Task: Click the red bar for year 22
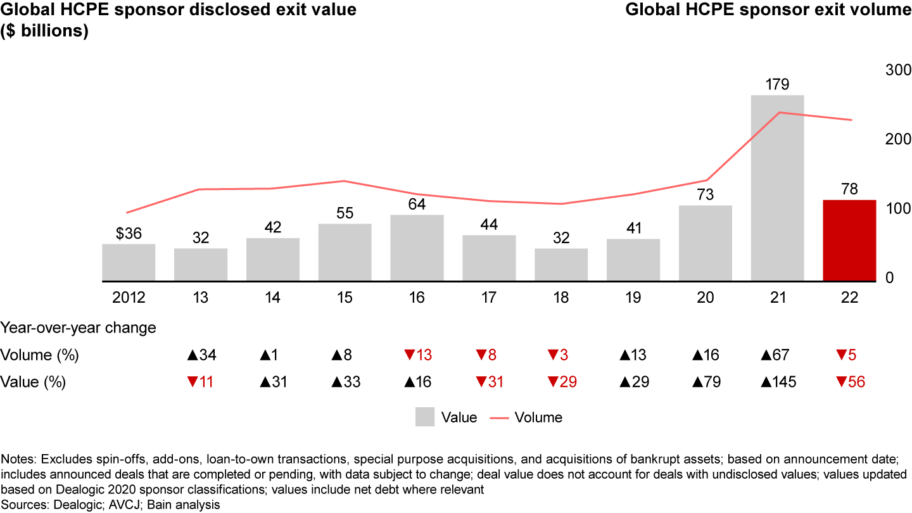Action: pos(849,240)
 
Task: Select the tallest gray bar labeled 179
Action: pos(777,187)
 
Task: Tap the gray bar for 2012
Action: pos(129,262)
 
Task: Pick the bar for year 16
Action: pos(417,248)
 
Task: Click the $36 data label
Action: pos(129,234)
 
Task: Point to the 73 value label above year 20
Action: pos(705,195)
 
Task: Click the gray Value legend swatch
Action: pos(425,417)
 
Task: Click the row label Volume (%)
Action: pos(40,355)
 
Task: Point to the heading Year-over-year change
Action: pos(79,327)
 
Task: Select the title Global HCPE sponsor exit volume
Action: pos(768,9)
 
